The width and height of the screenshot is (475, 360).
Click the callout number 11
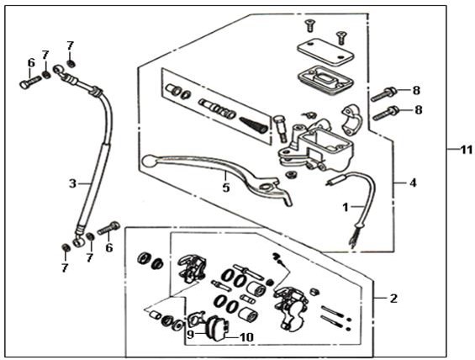467,150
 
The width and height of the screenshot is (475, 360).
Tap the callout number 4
413,183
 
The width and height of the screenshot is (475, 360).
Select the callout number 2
393,299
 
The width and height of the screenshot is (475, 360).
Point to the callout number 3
72,183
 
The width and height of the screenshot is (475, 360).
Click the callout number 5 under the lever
226,188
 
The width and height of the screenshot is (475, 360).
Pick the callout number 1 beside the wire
345,208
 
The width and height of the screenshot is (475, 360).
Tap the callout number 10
246,337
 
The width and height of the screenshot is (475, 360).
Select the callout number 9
190,335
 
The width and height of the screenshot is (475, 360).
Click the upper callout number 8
416,90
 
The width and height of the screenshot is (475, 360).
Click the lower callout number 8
419,110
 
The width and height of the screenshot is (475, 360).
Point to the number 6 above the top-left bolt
31,63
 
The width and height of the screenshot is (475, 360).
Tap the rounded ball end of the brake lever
149,161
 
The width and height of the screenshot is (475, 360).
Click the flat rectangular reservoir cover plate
325,51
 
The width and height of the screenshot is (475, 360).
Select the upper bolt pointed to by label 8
384,94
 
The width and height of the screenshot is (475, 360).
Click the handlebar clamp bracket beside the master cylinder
351,119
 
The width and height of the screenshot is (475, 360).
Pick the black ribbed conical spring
254,124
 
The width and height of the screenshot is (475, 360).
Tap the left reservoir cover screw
309,25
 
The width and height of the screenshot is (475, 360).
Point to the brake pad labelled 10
217,329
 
